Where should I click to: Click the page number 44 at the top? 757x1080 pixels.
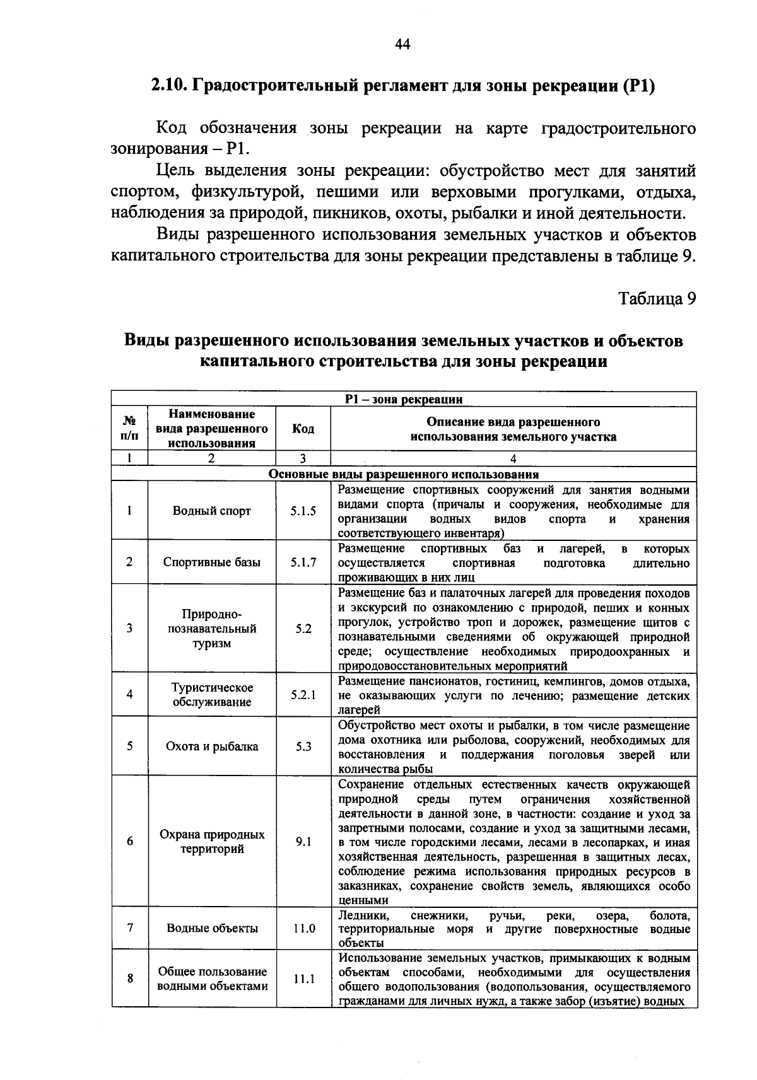click(x=402, y=44)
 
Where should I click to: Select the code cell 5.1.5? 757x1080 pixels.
click(x=303, y=511)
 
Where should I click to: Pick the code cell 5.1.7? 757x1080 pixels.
click(x=303, y=562)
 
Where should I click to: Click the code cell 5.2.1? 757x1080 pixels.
click(x=303, y=695)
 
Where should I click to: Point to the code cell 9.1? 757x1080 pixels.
click(x=303, y=842)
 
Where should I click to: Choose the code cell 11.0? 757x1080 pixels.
click(x=303, y=929)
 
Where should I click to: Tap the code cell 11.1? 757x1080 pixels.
click(x=303, y=980)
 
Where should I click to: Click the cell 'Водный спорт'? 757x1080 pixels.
click(x=211, y=511)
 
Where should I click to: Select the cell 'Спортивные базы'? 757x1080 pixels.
click(x=211, y=562)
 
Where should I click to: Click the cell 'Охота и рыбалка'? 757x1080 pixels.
click(x=211, y=746)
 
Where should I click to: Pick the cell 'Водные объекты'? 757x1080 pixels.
click(x=211, y=929)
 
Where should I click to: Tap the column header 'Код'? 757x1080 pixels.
click(x=303, y=429)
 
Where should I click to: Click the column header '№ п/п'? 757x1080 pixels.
click(x=129, y=429)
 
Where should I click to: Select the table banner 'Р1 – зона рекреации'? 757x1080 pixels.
click(x=404, y=399)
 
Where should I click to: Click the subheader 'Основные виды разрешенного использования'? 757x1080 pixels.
click(x=404, y=474)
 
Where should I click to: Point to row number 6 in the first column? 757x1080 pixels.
click(x=129, y=842)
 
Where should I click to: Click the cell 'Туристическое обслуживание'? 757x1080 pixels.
click(x=211, y=695)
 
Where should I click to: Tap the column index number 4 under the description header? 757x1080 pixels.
click(x=513, y=459)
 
